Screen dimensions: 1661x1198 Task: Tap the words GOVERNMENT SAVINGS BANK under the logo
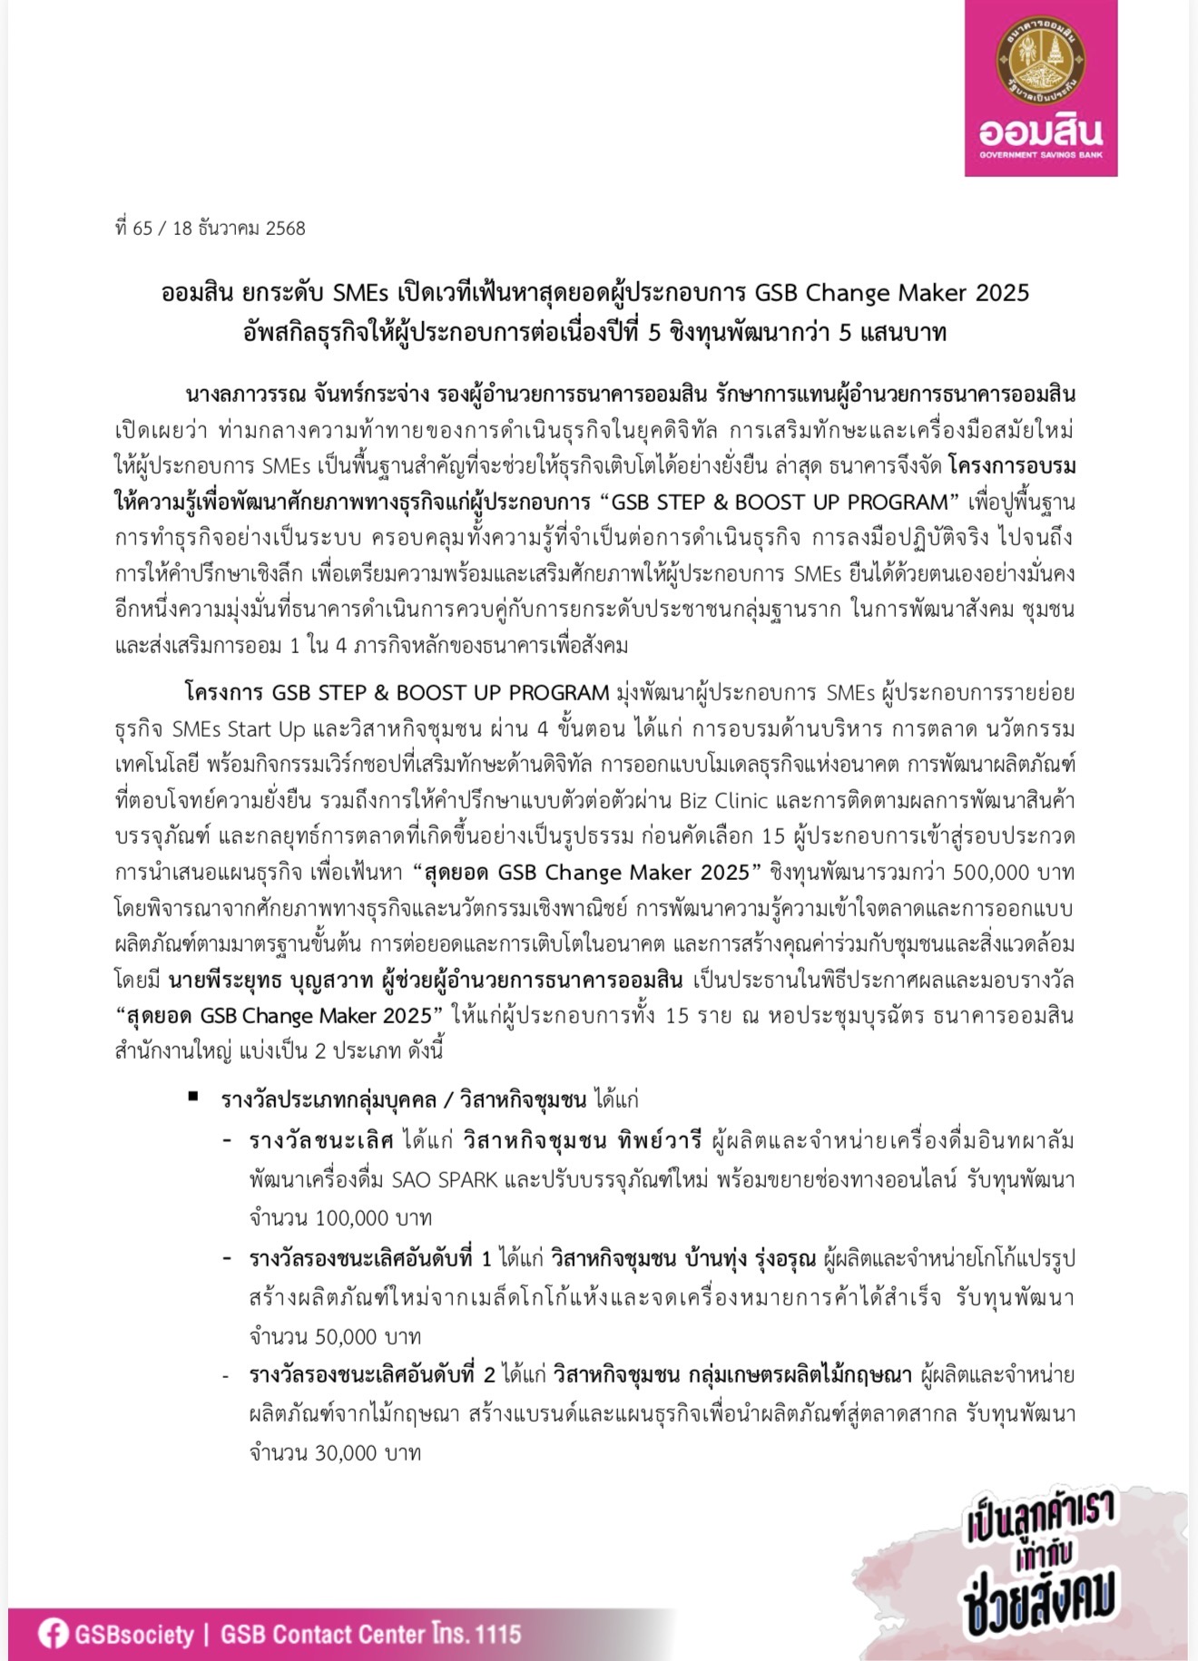coord(1040,155)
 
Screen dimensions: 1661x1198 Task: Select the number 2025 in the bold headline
coord(1003,293)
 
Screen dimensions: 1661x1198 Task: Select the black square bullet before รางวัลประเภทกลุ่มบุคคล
coord(193,1097)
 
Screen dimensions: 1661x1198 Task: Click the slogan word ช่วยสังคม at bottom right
coord(1040,1602)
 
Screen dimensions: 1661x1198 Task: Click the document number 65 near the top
coord(142,229)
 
